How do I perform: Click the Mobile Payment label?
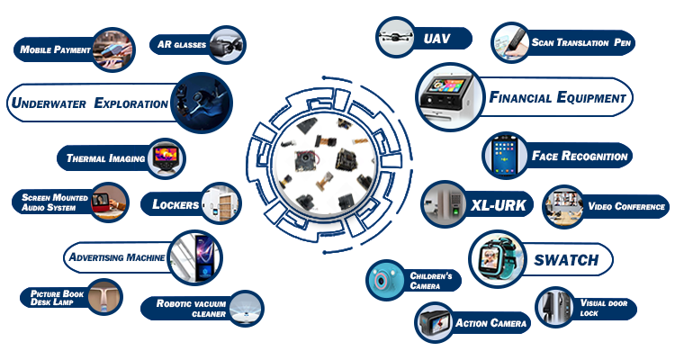[x=54, y=49]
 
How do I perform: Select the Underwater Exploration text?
[x=89, y=103]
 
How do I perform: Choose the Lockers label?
[x=175, y=204]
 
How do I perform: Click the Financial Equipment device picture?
[x=446, y=97]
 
